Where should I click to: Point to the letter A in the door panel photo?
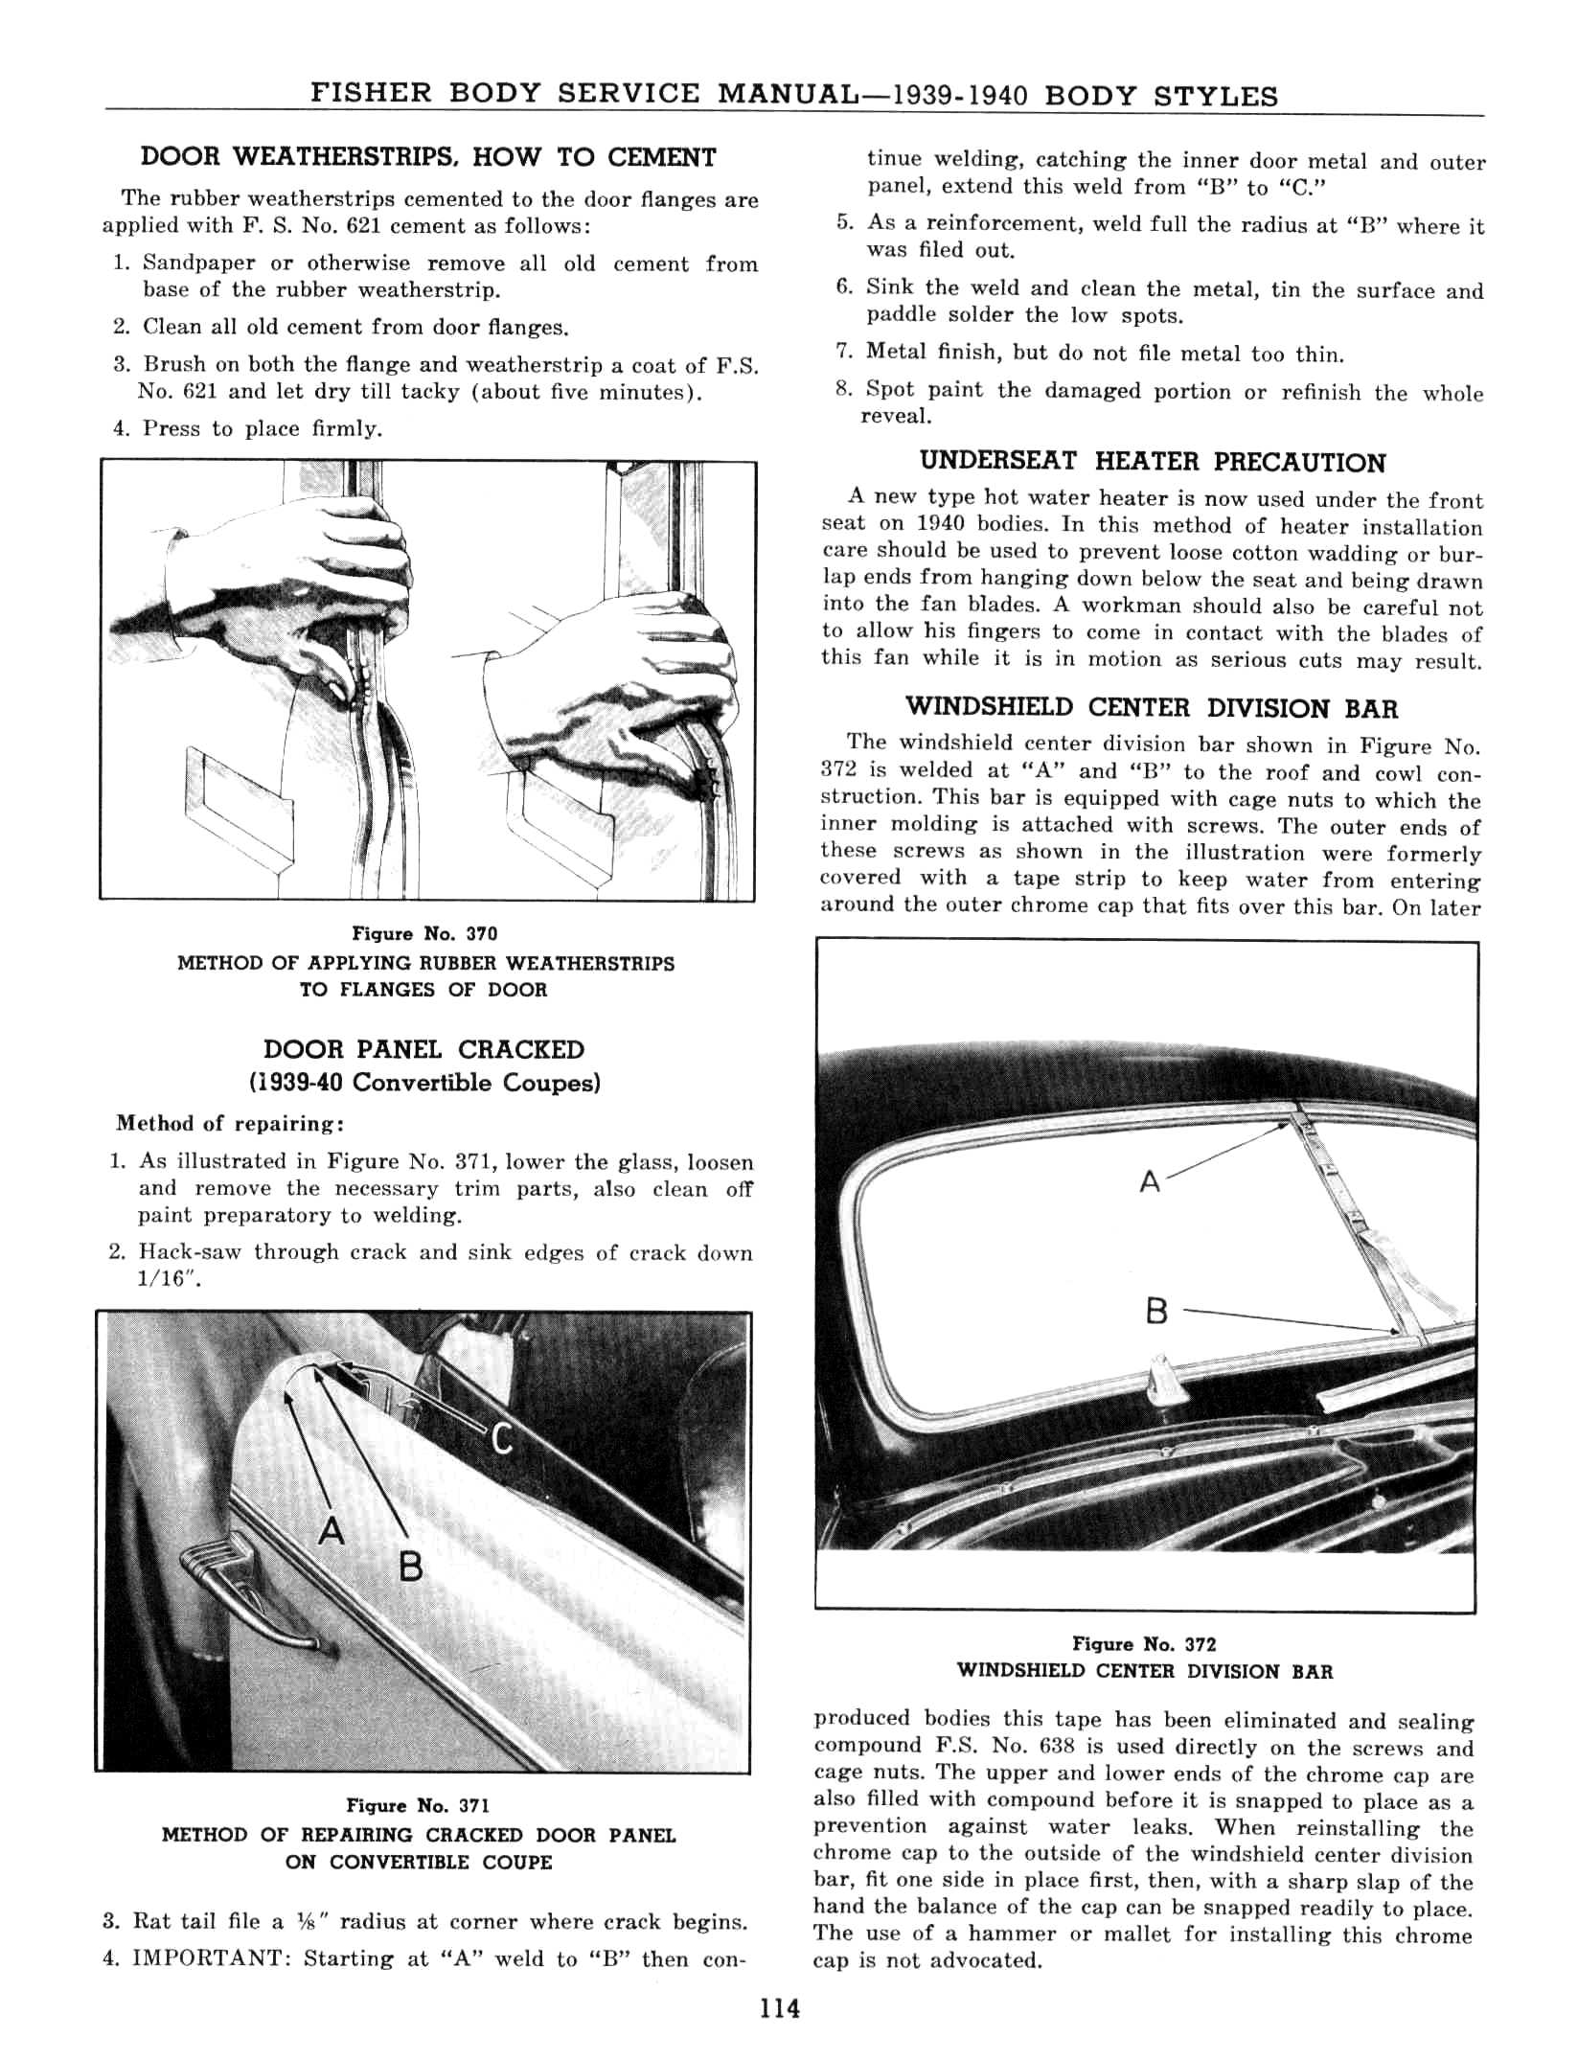click(x=332, y=1531)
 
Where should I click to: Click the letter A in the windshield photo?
click(x=1150, y=1182)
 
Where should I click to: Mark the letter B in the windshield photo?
click(x=1156, y=1310)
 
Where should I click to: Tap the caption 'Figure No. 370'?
click(x=424, y=933)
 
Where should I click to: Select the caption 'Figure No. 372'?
click(x=1144, y=1644)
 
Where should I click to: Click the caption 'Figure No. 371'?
click(x=418, y=1805)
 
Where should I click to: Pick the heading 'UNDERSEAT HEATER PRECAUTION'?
click(x=1152, y=462)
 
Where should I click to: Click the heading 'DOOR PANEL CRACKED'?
click(x=423, y=1049)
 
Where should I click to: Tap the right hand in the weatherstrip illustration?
click(x=613, y=690)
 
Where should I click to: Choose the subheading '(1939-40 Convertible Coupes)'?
click(x=424, y=1083)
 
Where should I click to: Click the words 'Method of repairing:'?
click(x=230, y=1123)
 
